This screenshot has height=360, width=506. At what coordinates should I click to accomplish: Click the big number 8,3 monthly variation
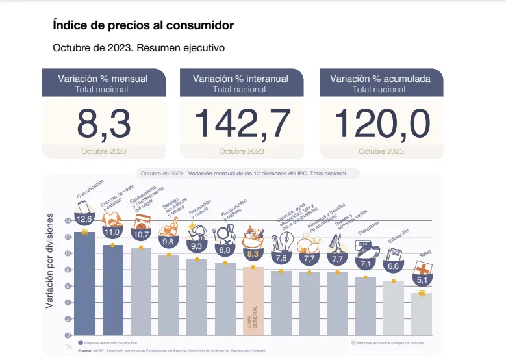[103, 124]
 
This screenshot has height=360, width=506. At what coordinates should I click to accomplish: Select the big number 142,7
[242, 124]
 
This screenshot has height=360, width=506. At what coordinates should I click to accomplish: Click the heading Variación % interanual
[240, 79]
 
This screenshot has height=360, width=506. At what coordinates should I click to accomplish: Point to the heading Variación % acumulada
[379, 79]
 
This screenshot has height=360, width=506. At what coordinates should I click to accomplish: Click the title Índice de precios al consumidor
[143, 25]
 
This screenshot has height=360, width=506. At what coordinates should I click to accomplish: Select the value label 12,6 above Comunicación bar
[84, 219]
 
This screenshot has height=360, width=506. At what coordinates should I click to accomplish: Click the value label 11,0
[112, 231]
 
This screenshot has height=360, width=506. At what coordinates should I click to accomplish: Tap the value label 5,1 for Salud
[422, 281]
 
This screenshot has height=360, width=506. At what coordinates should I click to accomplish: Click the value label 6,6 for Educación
[394, 267]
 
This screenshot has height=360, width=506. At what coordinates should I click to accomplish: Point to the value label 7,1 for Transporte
[365, 263]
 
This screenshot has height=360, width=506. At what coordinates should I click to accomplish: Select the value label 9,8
[169, 241]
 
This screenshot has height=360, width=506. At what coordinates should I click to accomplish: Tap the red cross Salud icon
[423, 268]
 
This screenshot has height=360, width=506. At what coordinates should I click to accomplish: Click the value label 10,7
[141, 234]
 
